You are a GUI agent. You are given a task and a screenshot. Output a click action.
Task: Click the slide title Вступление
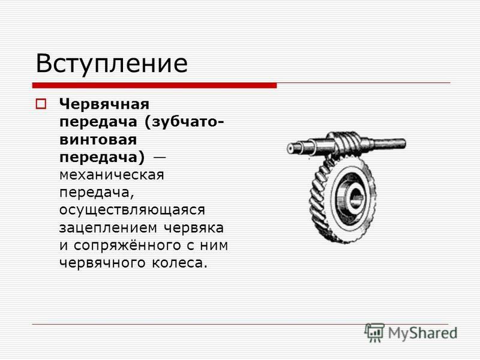112,64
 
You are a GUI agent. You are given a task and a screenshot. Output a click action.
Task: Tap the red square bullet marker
41,104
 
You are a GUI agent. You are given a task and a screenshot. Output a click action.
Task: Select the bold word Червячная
104,104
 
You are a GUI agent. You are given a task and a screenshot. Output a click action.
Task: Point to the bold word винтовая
98,140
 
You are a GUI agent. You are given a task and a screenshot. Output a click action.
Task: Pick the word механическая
112,175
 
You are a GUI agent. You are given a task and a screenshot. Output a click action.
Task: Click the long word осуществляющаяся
132,211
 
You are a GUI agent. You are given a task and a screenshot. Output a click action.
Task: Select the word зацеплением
109,228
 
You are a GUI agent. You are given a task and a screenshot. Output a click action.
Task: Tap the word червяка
194,228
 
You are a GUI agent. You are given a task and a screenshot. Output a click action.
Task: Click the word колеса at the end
178,263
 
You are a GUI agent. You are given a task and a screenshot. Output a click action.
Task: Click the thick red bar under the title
155,85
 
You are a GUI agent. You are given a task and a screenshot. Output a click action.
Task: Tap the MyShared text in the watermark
423,333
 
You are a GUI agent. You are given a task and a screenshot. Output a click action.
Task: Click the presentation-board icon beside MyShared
374,332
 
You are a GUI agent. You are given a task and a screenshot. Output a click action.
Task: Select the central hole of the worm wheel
356,197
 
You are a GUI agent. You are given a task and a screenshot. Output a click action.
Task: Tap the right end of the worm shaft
404,143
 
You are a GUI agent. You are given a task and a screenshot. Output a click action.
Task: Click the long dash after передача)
159,158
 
